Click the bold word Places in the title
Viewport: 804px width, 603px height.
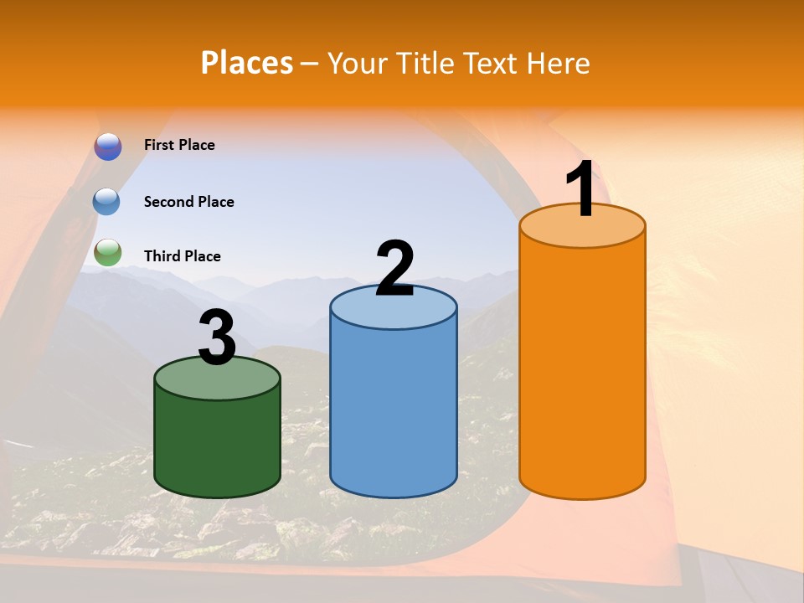click(x=247, y=63)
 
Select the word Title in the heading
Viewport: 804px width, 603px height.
click(x=425, y=63)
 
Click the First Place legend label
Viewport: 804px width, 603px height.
click(x=179, y=145)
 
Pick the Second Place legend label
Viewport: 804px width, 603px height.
click(x=188, y=202)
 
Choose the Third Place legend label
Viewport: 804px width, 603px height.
click(x=183, y=256)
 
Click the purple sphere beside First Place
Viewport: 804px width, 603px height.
click(x=108, y=147)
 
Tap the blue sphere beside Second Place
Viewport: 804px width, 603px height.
click(x=107, y=202)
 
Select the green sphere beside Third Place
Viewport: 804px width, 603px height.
click(x=108, y=252)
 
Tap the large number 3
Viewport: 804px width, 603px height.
click(x=217, y=338)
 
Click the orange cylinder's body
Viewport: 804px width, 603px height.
click(x=582, y=368)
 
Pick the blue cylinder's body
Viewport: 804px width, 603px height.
click(x=394, y=410)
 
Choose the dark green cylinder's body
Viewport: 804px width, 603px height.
click(x=217, y=444)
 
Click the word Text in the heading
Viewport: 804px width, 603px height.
click(x=493, y=63)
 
